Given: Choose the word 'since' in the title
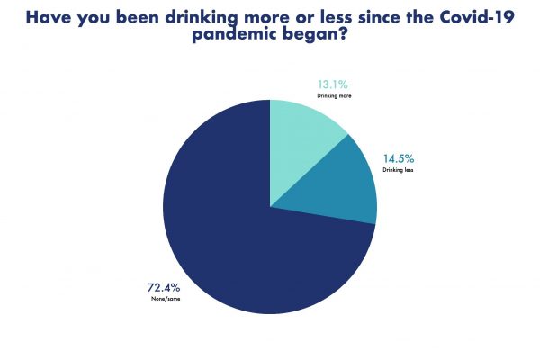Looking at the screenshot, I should (368, 15).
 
